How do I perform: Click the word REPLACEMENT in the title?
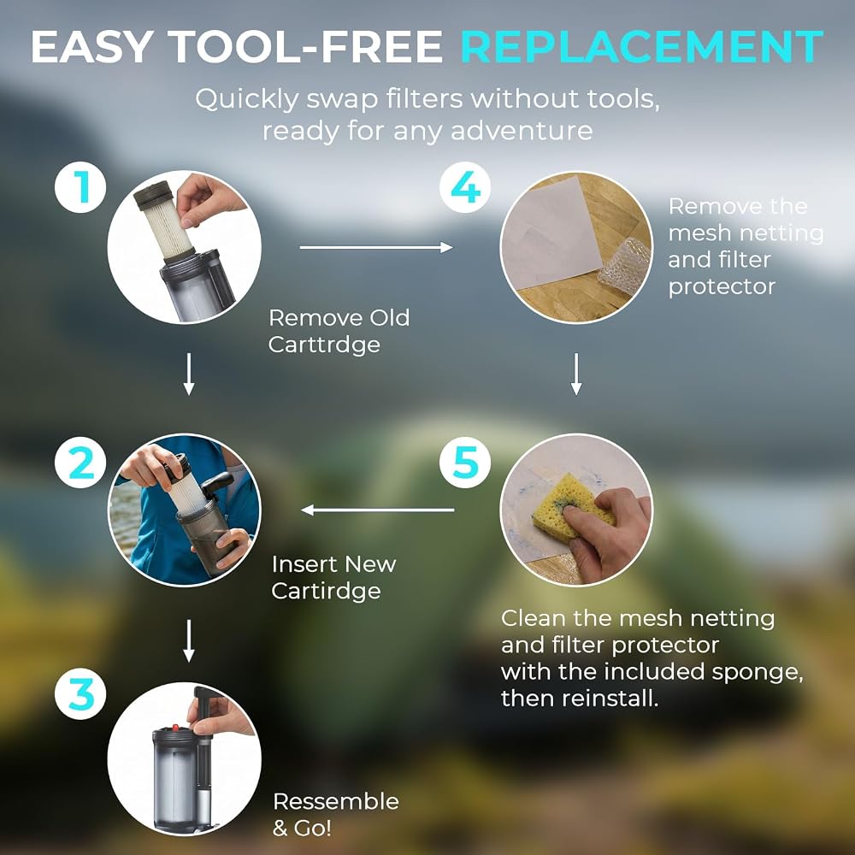tap(642, 46)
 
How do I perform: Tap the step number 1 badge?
tap(80, 187)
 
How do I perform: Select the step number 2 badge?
tap(80, 463)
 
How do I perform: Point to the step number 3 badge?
tap(80, 694)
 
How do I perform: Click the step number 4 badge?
tap(466, 187)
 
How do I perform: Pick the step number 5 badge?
tap(466, 462)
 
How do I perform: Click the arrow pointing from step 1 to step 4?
tap(376, 248)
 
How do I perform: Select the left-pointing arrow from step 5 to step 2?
tap(377, 510)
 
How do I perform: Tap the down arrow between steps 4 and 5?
tap(575, 374)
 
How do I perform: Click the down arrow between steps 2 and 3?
tap(189, 640)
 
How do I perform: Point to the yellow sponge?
tap(569, 507)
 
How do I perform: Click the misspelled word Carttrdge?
tap(324, 345)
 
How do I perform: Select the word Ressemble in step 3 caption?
tap(336, 802)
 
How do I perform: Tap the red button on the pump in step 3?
tap(176, 728)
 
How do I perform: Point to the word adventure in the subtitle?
tap(522, 131)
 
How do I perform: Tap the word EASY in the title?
tap(91, 46)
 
